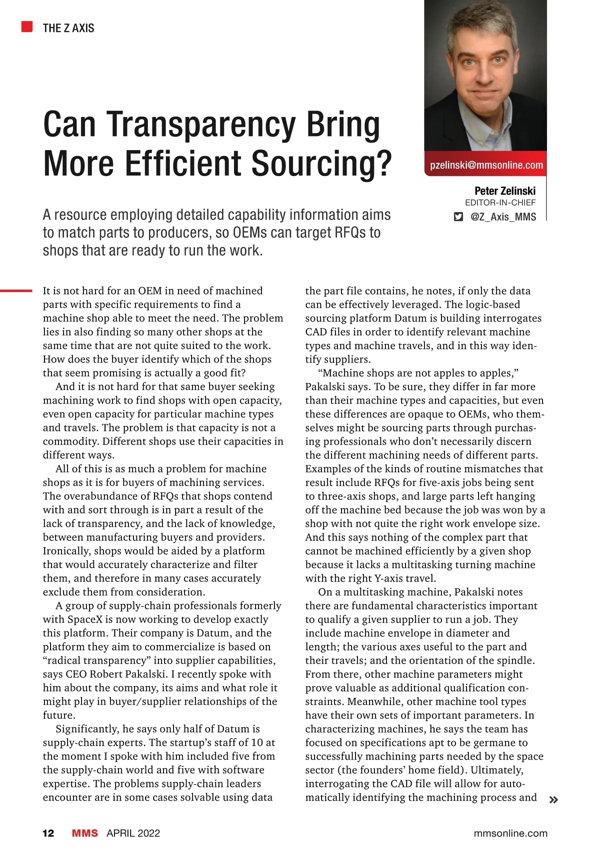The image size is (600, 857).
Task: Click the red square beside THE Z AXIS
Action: pos(27,26)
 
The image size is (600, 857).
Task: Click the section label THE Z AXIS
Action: pos(68,28)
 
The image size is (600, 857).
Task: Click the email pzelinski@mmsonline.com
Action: pos(486,165)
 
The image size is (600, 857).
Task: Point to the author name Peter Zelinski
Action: pos(504,191)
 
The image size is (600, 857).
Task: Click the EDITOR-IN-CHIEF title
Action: pos(500,202)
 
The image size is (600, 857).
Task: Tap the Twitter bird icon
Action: pos(458,217)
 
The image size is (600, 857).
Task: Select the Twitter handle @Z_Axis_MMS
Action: pos(503,217)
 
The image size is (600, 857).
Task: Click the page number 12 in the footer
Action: pos(48,833)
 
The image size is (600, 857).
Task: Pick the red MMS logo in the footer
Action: pos(84,833)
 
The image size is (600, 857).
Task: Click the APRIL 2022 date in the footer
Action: pos(133,833)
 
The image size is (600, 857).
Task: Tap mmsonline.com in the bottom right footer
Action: pos(510,833)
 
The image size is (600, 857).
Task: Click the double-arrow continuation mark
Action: pos(553,800)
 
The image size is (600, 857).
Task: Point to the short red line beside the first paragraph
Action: pos(16,290)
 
